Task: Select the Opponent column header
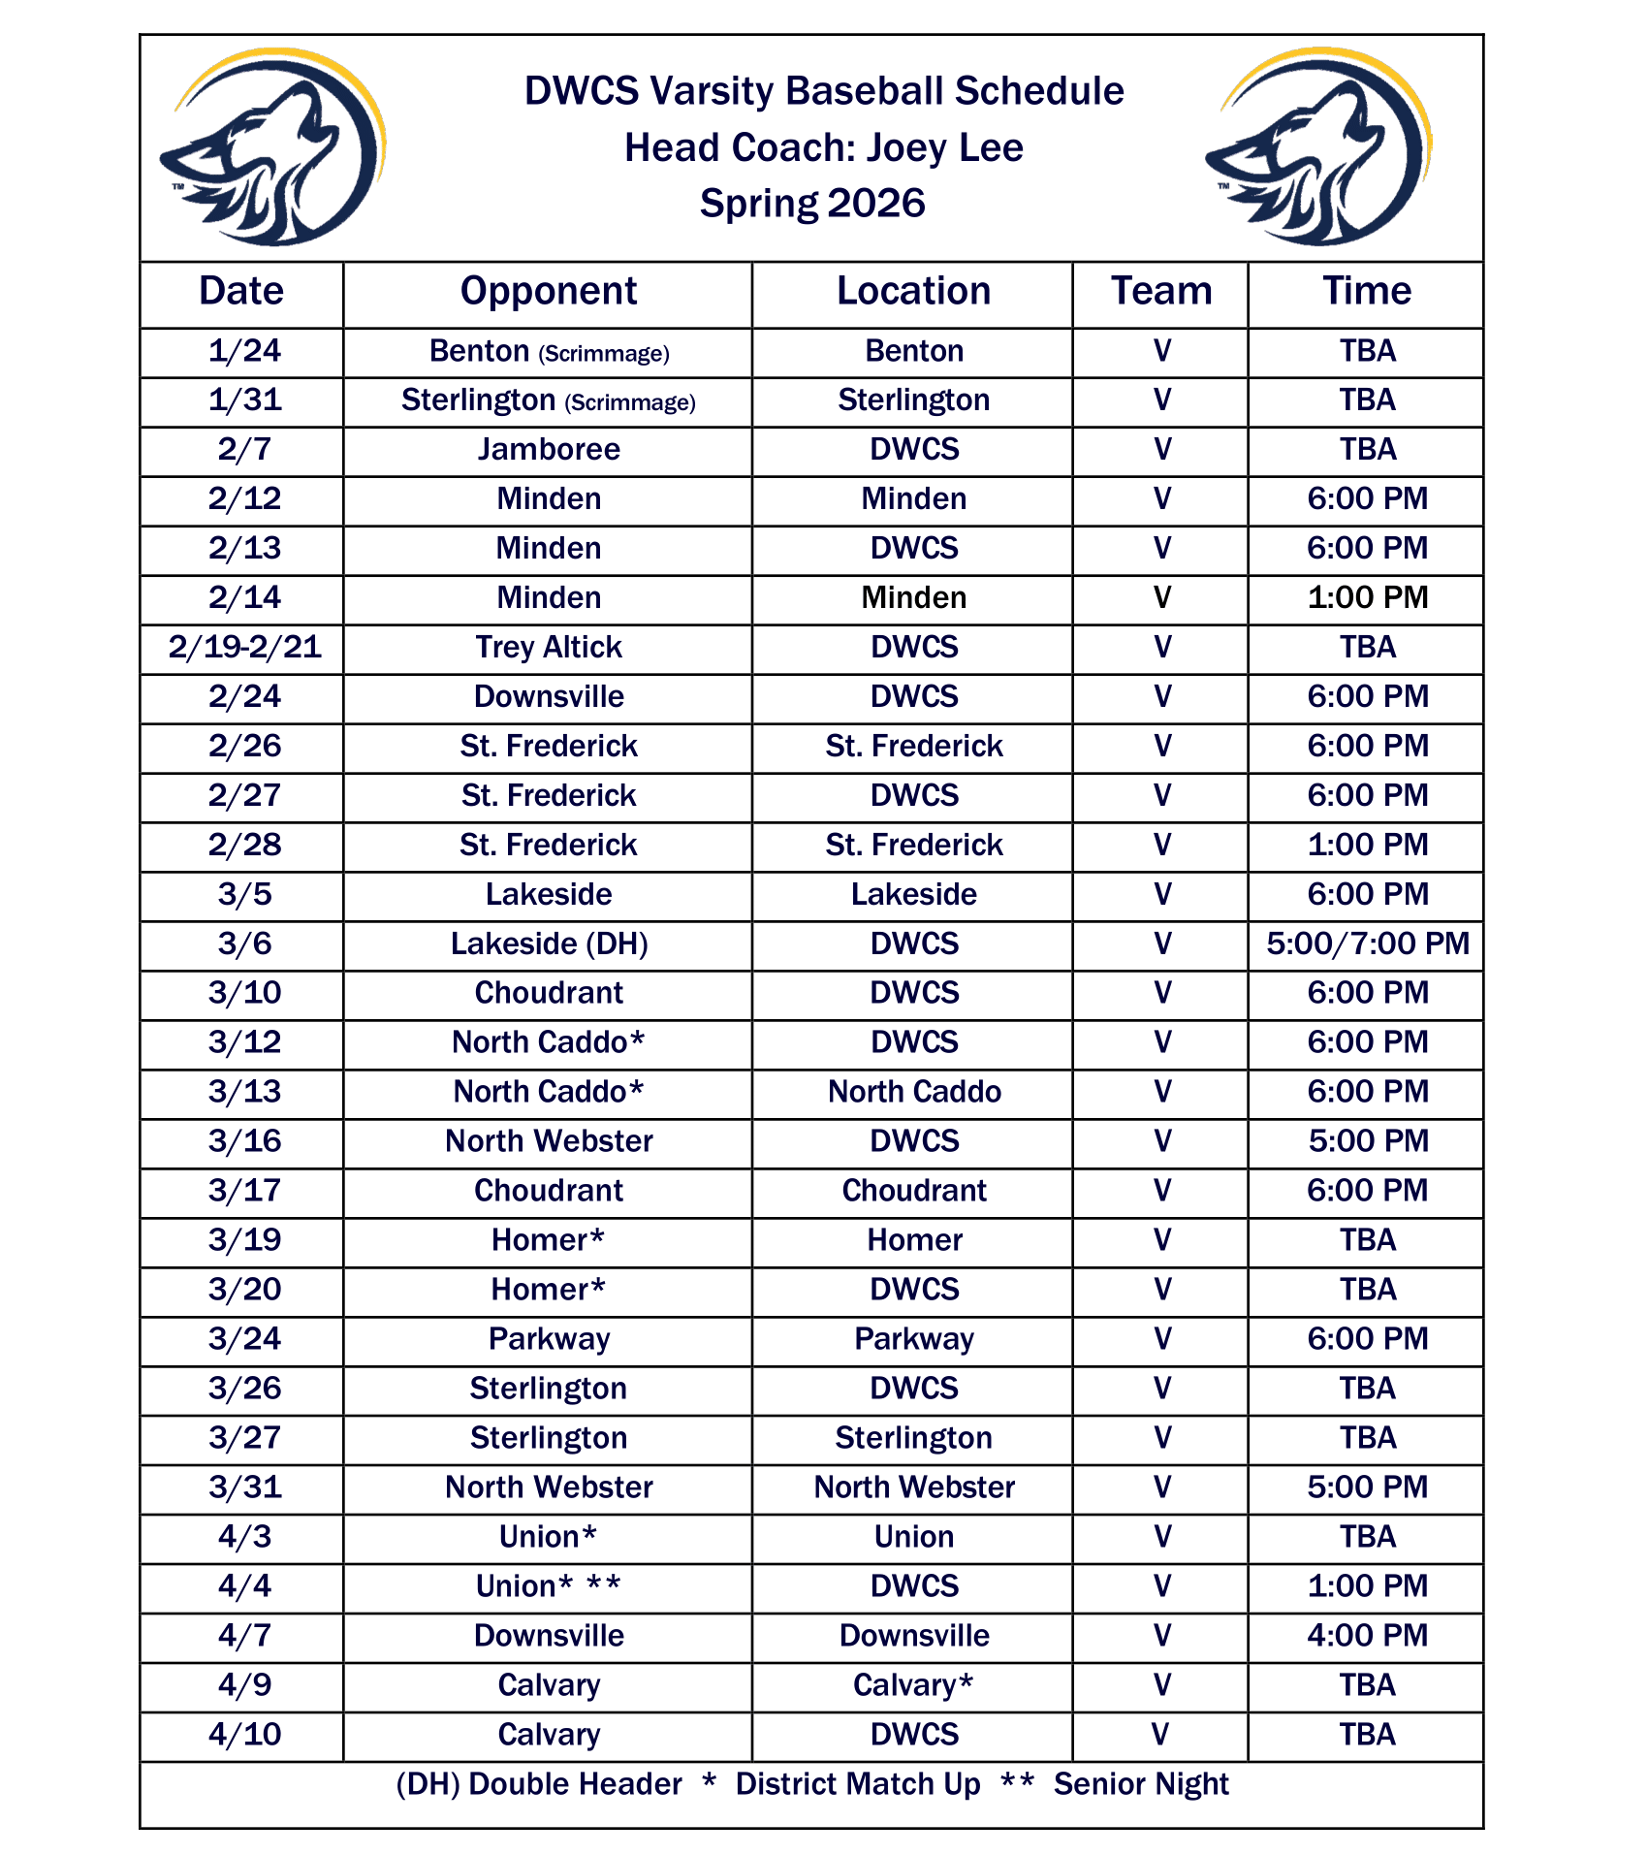tap(548, 291)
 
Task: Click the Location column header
tap(913, 291)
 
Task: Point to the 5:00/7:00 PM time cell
tap(1367, 943)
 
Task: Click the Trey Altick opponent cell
tap(548, 647)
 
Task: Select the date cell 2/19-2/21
tap(244, 647)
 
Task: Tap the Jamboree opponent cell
tap(548, 449)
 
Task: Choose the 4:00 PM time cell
tap(1367, 1635)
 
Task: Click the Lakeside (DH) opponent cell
tap(548, 943)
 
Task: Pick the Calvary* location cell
tap(913, 1684)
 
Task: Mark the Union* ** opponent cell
tap(548, 1585)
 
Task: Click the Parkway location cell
tap(913, 1338)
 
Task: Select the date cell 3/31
tap(244, 1487)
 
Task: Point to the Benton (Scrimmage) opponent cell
tap(548, 351)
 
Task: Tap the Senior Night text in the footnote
tap(1141, 1784)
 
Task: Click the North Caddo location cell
tap(913, 1091)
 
